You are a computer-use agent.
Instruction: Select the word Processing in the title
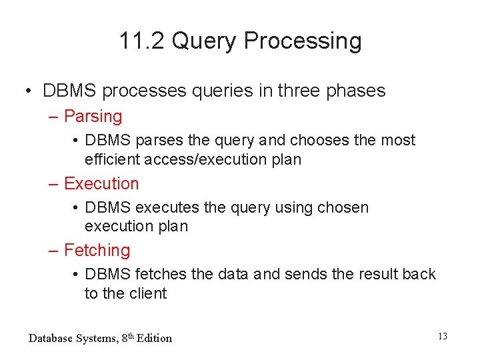303,41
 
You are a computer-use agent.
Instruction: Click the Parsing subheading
93,117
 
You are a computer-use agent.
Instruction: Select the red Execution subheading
101,183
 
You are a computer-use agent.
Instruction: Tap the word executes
168,208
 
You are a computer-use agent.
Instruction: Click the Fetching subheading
97,251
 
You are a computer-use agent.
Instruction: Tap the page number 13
443,337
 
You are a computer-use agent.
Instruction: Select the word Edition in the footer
154,339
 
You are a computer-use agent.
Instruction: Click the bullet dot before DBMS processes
29,91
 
